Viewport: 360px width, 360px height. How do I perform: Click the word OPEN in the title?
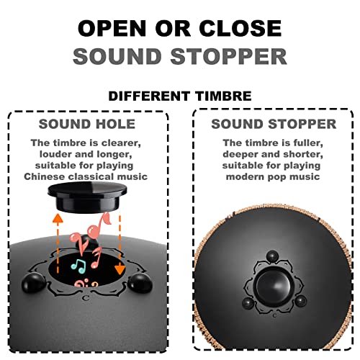point(112,28)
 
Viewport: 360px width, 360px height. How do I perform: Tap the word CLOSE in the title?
point(240,28)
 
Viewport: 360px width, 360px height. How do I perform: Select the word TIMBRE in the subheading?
point(223,96)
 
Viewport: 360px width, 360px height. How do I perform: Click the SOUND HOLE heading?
point(87,124)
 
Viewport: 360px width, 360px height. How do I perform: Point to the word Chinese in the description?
point(45,176)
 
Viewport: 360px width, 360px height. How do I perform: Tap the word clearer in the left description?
point(121,143)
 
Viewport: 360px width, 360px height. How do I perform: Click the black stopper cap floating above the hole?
point(87,197)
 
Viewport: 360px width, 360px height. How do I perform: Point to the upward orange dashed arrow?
point(58,243)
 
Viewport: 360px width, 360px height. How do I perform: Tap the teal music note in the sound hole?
point(78,266)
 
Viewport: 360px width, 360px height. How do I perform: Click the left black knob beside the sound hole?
point(34,283)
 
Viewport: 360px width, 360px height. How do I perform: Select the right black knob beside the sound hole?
point(140,284)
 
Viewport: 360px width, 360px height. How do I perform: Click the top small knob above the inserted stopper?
point(273,256)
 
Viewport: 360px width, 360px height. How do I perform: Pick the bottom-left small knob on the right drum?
point(248,304)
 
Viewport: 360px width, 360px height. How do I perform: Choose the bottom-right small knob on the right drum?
point(301,301)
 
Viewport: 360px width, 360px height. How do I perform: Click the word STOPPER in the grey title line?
point(229,57)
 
